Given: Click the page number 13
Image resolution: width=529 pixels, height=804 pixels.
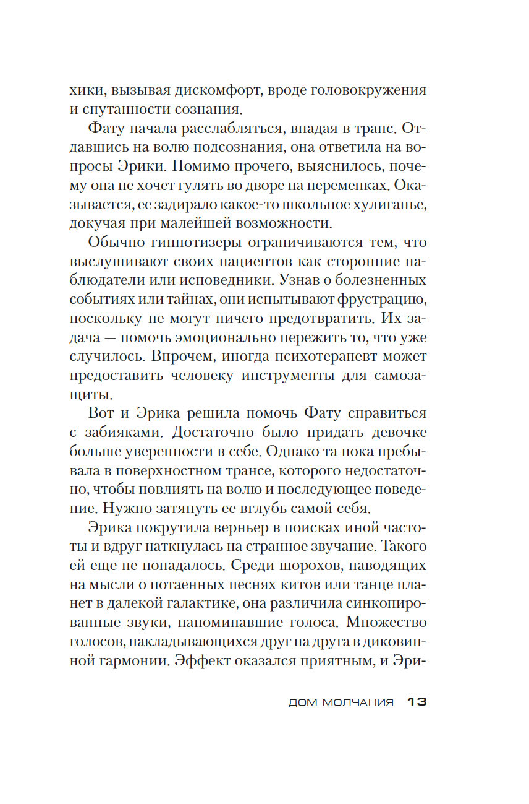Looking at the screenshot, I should (417, 702).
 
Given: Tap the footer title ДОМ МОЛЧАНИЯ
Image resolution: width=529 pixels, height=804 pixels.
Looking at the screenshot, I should (341, 703).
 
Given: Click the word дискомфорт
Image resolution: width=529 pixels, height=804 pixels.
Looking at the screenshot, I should (211, 90).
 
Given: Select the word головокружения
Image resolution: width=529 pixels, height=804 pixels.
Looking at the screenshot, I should (365, 90).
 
